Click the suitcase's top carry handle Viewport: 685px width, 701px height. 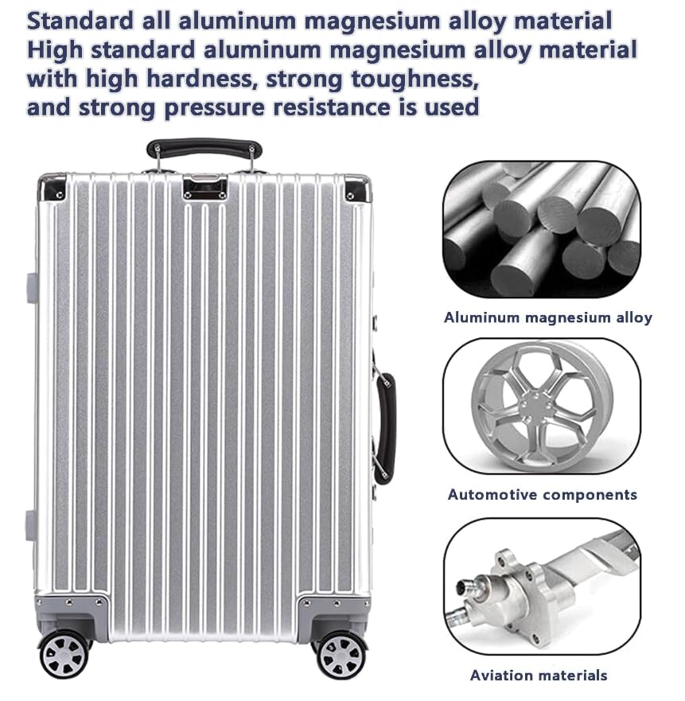[x=204, y=148]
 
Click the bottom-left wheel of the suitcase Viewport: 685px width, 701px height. [x=64, y=653]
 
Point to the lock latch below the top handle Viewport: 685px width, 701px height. [x=204, y=187]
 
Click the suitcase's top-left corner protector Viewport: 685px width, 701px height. [x=53, y=188]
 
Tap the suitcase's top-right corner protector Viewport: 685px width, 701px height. [x=356, y=189]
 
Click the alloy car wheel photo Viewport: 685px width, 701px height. [x=541, y=407]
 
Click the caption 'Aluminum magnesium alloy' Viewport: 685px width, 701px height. [x=547, y=317]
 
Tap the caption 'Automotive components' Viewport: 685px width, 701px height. [x=542, y=494]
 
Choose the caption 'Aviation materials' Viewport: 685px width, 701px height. [x=539, y=676]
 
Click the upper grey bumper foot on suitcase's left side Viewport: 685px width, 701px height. [x=32, y=287]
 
